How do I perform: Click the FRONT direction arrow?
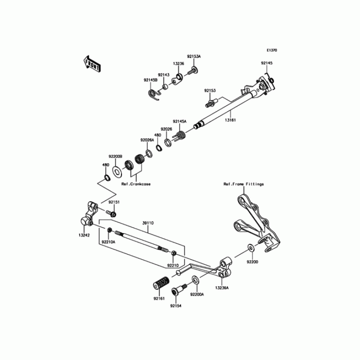tap(91, 64)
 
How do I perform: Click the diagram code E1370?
tap(271, 51)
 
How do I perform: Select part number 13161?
tap(230, 120)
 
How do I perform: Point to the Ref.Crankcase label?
tap(136, 184)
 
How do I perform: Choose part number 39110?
tap(148, 222)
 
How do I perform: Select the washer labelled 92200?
tap(250, 247)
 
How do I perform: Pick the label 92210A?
tap(108, 242)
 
